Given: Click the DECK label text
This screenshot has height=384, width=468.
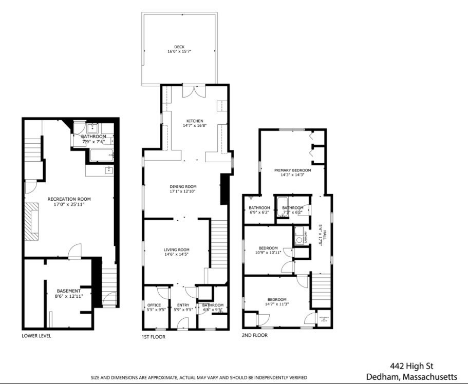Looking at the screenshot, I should pyautogui.click(x=179, y=47).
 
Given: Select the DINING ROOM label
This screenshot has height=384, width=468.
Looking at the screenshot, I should pyautogui.click(x=183, y=186).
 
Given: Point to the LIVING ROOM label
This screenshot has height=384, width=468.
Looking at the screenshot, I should pyautogui.click(x=177, y=249).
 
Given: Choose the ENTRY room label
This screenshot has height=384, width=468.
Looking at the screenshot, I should pyautogui.click(x=183, y=305).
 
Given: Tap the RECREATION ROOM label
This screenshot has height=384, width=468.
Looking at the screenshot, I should pyautogui.click(x=69, y=199).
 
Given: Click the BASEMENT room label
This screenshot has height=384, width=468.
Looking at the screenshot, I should pyautogui.click(x=68, y=291).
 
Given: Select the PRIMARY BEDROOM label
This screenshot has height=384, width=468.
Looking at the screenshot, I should pyautogui.click(x=292, y=170).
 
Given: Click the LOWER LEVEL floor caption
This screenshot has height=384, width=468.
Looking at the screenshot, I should pyautogui.click(x=36, y=336).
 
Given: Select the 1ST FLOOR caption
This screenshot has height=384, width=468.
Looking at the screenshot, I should pyautogui.click(x=154, y=337).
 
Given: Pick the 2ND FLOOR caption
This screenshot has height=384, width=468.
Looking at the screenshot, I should pyautogui.click(x=255, y=335).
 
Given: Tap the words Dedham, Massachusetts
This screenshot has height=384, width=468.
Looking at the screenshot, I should pyautogui.click(x=411, y=377).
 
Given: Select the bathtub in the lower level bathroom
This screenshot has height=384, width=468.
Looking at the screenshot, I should pyautogui.click(x=101, y=155).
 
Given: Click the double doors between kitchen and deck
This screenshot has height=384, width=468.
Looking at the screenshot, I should pyautogui.click(x=195, y=91).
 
